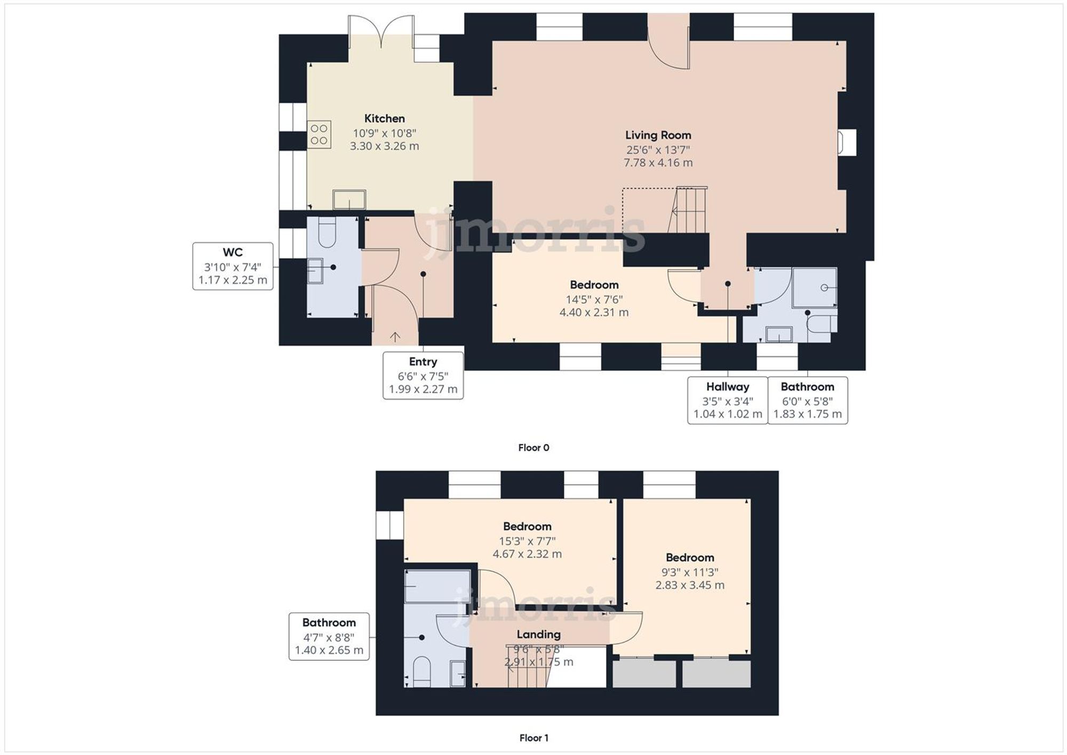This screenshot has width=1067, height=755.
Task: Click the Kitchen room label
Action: coord(384,118)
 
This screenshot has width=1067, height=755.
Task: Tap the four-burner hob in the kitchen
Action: coord(319,134)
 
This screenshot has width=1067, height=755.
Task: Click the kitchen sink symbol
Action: coord(349,200)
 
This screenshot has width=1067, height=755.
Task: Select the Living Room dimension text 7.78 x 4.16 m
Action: coord(658,163)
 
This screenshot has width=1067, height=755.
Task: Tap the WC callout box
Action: coord(233,266)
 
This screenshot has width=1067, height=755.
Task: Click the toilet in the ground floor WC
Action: coord(326,233)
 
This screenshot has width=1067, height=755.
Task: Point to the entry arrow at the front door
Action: coord(395,337)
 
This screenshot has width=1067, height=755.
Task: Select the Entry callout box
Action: coord(423,375)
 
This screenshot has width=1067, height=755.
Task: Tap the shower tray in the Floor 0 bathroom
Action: coord(815,288)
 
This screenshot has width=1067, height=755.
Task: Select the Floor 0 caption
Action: coord(533,448)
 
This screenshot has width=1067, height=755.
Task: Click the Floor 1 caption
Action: coord(533,738)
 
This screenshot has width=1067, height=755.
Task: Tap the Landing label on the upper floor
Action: coord(538,634)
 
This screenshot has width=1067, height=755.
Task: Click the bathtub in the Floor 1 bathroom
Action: coord(437,586)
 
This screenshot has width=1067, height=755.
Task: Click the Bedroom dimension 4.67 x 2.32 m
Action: coord(527,554)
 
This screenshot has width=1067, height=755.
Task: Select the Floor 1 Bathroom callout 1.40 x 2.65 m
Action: coord(329,637)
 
